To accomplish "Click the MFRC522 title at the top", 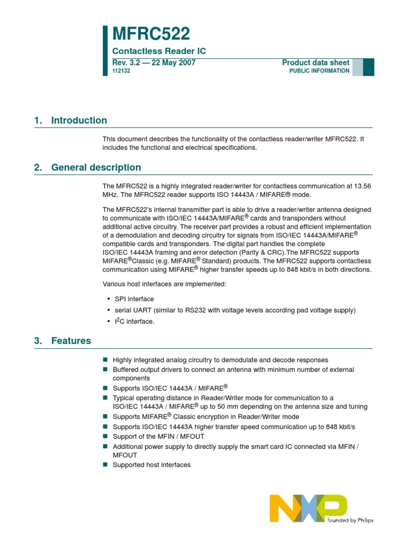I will [x=151, y=34].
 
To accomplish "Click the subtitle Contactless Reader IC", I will [x=159, y=51].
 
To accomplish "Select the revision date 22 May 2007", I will [x=169, y=62].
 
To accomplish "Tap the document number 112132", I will [x=121, y=71].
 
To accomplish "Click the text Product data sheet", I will [x=316, y=62].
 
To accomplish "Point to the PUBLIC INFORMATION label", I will [x=319, y=71].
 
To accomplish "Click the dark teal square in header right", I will [x=368, y=67].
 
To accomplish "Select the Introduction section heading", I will [x=78, y=120].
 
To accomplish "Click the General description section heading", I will [x=96, y=168].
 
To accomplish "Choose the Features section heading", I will [x=71, y=341].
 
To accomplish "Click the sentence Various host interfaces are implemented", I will [x=164, y=284].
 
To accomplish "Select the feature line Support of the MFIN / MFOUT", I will [x=158, y=437].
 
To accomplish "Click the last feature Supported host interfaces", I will [x=152, y=465].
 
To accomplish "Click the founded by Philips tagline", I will [x=350, y=520].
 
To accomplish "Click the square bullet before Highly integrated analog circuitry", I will [x=105, y=360].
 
